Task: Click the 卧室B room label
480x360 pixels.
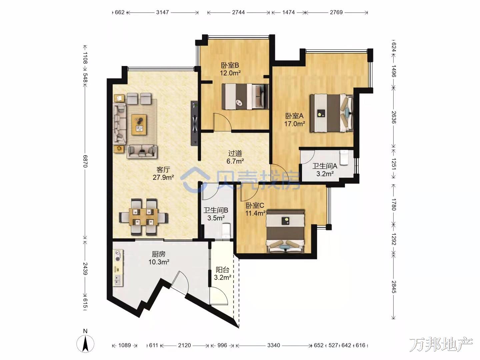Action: pos(230,65)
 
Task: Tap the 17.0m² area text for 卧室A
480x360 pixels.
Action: pos(295,124)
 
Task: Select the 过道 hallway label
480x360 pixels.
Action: pos(235,153)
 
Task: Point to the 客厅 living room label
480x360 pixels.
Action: pos(163,169)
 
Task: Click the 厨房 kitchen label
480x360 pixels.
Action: pos(159,254)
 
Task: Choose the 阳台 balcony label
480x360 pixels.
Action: pos(222,270)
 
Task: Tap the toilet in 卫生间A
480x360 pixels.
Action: pos(344,157)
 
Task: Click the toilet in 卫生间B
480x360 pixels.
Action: pos(226,230)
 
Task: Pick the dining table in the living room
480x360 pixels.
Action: pos(144,217)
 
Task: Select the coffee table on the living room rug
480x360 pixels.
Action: pos(139,125)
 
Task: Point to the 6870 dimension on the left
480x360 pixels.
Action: pos(85,161)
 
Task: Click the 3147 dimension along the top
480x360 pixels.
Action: pos(162,12)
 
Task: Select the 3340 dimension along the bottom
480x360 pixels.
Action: pos(274,345)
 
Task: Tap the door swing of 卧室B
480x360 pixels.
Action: pos(222,122)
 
